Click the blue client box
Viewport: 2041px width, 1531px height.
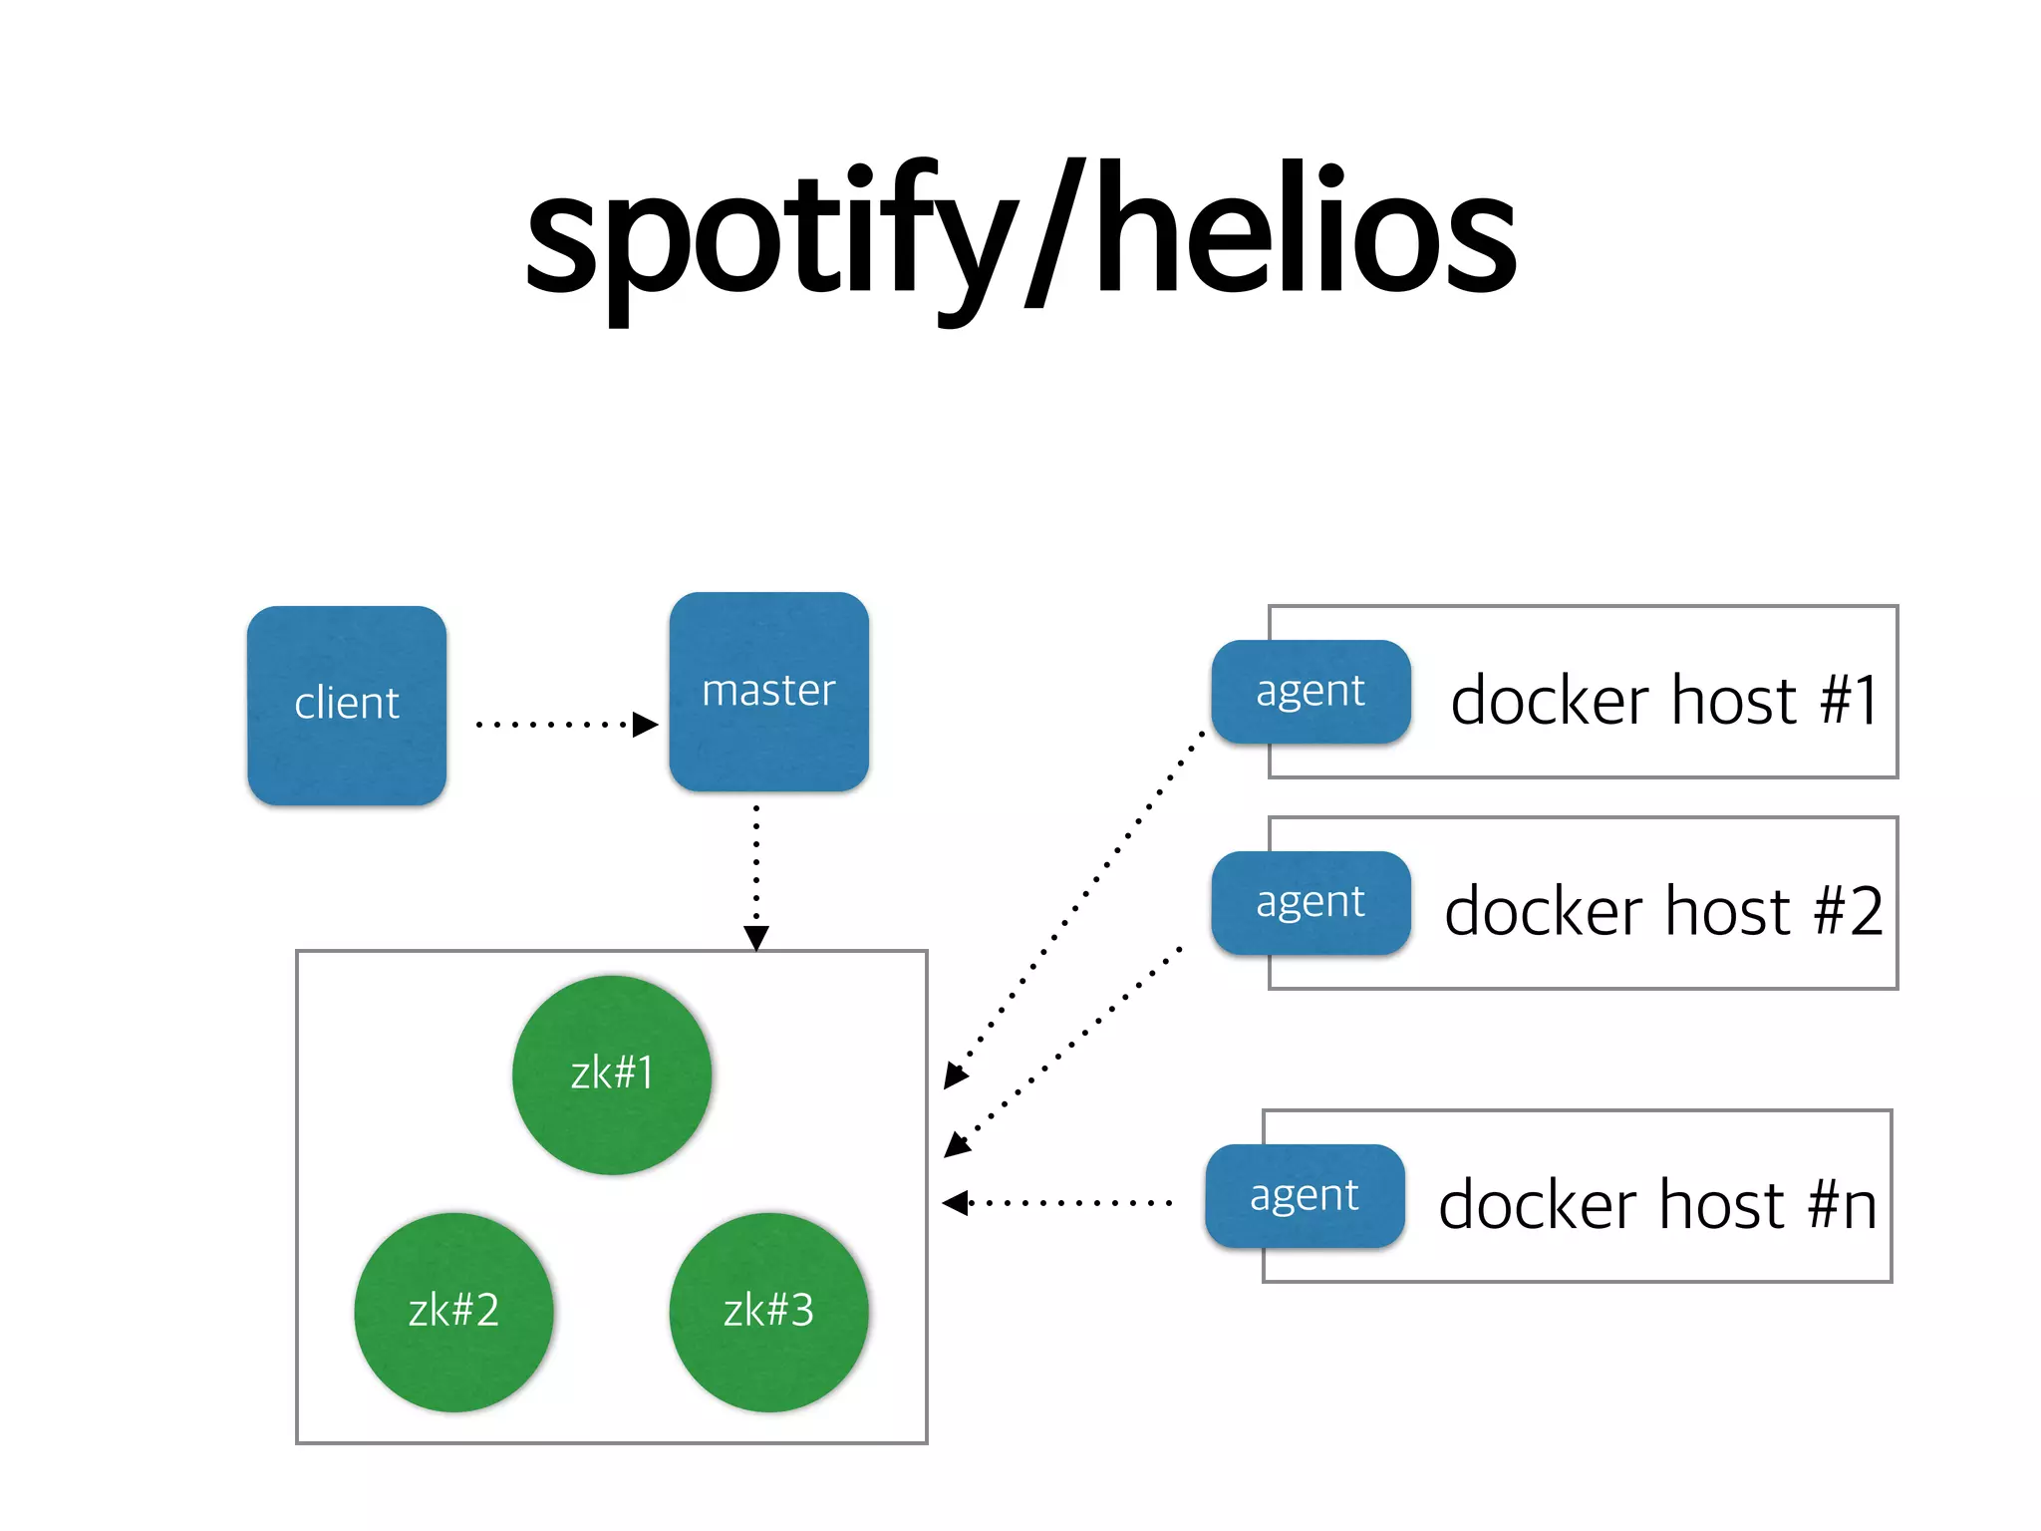(347, 705)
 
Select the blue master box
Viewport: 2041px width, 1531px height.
(768, 692)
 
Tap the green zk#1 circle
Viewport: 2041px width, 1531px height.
(612, 1074)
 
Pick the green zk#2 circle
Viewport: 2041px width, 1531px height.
(453, 1311)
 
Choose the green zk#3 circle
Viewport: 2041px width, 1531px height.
(768, 1311)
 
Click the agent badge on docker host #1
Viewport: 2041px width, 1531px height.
(1311, 691)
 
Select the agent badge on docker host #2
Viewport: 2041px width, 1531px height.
(1311, 902)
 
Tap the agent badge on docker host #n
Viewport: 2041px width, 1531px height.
(1305, 1195)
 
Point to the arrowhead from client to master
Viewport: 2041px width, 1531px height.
(646, 725)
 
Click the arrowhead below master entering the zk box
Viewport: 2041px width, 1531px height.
(756, 938)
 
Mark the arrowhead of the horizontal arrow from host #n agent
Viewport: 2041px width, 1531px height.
(955, 1203)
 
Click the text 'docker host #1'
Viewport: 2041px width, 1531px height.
(1664, 700)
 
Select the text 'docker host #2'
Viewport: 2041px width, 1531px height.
(1664, 911)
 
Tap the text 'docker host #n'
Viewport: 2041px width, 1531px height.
(1658, 1204)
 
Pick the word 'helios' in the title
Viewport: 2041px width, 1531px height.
(1306, 234)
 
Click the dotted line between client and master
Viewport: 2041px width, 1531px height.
(553, 725)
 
